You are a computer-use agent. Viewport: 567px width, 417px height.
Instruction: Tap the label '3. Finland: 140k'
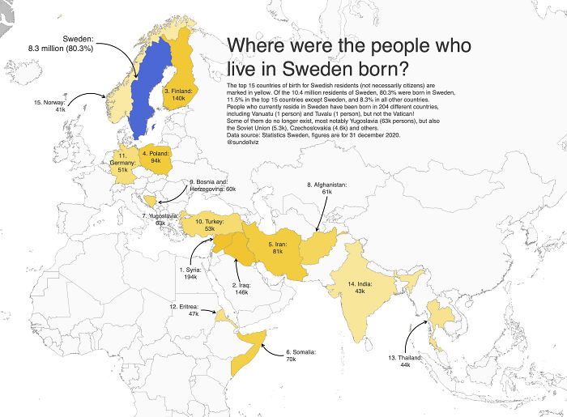pyautogui.click(x=178, y=96)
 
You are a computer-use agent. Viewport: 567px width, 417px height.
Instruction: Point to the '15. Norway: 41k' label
pyautogui.click(x=49, y=106)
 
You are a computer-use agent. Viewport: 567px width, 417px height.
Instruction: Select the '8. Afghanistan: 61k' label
pyautogui.click(x=326, y=189)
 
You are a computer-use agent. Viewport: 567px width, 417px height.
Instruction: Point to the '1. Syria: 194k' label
pyautogui.click(x=192, y=273)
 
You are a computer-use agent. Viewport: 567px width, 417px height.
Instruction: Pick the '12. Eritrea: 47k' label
pyautogui.click(x=182, y=310)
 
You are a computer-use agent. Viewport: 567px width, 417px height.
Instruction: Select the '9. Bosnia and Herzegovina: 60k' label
pyautogui.click(x=212, y=185)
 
